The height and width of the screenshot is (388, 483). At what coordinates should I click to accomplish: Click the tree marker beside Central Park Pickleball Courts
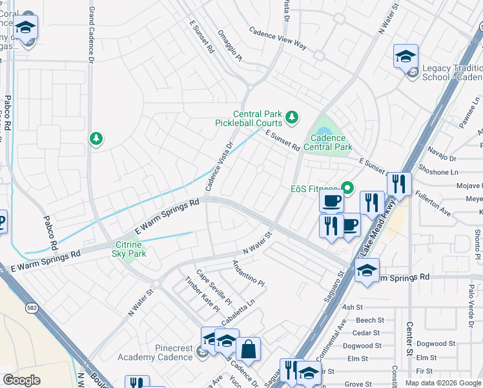click(x=293, y=117)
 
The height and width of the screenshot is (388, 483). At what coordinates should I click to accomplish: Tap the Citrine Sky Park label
click(x=130, y=249)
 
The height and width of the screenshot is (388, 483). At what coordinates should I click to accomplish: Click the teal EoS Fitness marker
click(x=348, y=189)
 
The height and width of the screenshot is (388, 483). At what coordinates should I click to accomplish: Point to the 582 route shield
click(x=32, y=309)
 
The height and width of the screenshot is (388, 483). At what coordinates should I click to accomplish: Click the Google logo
click(x=22, y=380)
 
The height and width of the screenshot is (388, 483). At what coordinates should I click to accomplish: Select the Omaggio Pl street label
click(x=229, y=49)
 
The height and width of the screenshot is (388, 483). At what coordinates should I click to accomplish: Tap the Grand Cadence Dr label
click(x=91, y=32)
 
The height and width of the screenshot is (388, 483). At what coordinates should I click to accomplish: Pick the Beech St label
click(x=370, y=320)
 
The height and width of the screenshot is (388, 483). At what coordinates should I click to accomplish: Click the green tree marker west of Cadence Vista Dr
click(x=96, y=139)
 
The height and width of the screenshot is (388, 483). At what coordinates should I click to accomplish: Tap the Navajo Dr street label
click(x=442, y=158)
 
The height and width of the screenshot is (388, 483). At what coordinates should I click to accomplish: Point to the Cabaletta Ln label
click(x=238, y=309)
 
